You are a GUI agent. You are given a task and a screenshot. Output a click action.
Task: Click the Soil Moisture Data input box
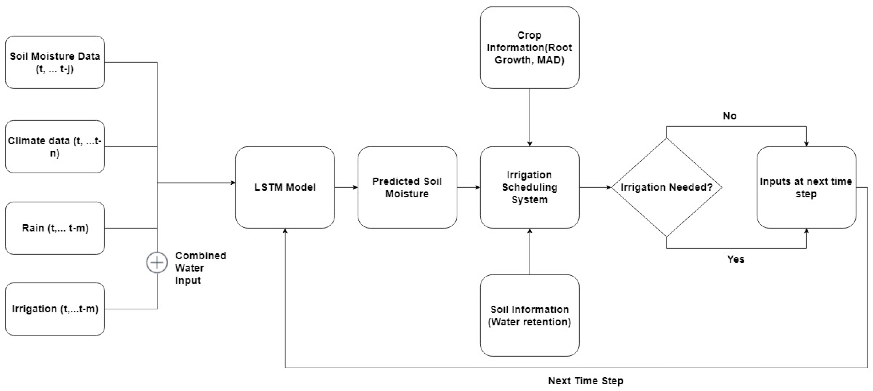point(55,62)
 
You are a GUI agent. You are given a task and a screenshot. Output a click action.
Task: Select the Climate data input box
point(55,147)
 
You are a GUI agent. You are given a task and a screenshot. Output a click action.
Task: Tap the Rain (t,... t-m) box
point(55,228)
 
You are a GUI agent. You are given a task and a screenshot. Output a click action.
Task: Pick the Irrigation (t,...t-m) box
point(55,309)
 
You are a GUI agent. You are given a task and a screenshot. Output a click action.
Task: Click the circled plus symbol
point(157,262)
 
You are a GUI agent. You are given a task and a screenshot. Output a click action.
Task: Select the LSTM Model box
point(285,187)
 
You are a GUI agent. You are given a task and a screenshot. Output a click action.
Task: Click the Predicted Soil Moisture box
point(407,187)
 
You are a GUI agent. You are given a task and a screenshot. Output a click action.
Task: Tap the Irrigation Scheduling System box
point(529,187)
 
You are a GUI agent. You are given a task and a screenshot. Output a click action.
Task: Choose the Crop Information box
point(529,47)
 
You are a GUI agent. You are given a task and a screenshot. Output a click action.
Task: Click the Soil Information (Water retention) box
point(529,315)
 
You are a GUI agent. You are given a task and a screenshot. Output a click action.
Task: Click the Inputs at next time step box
point(806,187)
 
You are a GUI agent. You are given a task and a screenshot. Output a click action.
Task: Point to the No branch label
point(729,116)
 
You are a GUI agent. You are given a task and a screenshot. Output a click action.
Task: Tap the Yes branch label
point(736,259)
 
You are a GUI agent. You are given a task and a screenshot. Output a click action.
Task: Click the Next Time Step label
point(586,380)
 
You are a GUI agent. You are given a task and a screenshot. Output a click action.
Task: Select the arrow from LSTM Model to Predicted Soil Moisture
point(346,187)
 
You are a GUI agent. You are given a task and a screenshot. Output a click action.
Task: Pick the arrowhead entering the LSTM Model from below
point(285,231)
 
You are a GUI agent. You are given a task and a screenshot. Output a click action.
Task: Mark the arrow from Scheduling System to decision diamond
point(595,187)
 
